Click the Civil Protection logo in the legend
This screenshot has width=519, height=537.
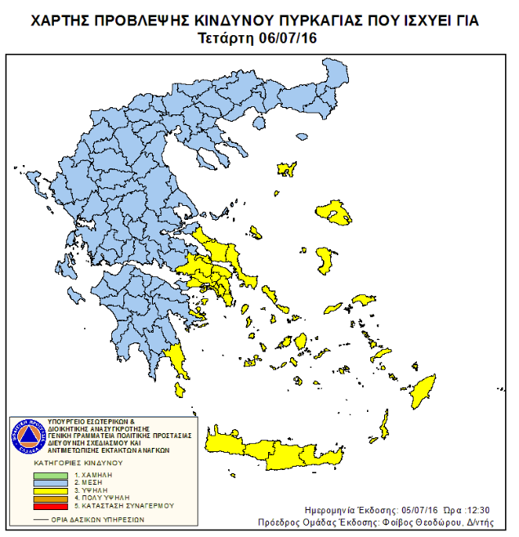(x=27, y=436)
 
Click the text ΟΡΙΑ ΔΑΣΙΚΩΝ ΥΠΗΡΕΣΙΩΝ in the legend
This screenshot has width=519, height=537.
(x=92, y=518)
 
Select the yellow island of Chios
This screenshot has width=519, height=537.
(x=327, y=262)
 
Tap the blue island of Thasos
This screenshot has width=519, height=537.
(x=259, y=123)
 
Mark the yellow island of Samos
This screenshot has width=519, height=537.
(x=359, y=300)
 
